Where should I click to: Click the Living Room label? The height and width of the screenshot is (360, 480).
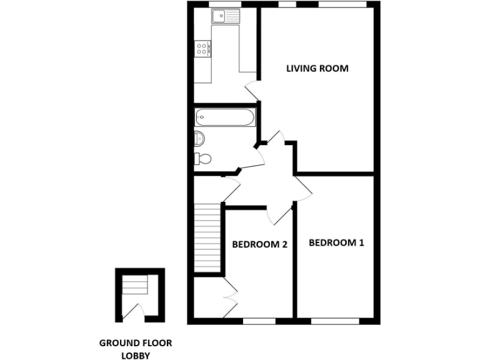(317, 68)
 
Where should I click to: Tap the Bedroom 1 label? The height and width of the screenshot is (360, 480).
(336, 242)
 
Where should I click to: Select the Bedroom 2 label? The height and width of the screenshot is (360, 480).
(259, 244)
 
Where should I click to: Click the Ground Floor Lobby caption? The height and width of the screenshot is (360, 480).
(136, 349)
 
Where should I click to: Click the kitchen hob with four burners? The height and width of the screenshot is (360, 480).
(202, 48)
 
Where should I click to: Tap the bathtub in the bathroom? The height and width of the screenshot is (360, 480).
(224, 117)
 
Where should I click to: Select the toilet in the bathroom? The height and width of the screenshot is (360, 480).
(202, 158)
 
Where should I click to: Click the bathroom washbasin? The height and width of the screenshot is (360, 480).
(199, 137)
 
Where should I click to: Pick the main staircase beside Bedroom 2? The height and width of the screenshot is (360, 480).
(208, 237)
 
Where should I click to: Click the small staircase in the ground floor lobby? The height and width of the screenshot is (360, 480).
(135, 286)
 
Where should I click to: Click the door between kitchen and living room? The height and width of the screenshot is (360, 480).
(253, 90)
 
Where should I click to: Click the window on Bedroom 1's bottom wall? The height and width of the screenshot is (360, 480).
(335, 321)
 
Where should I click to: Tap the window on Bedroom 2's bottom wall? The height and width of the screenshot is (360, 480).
(258, 321)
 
